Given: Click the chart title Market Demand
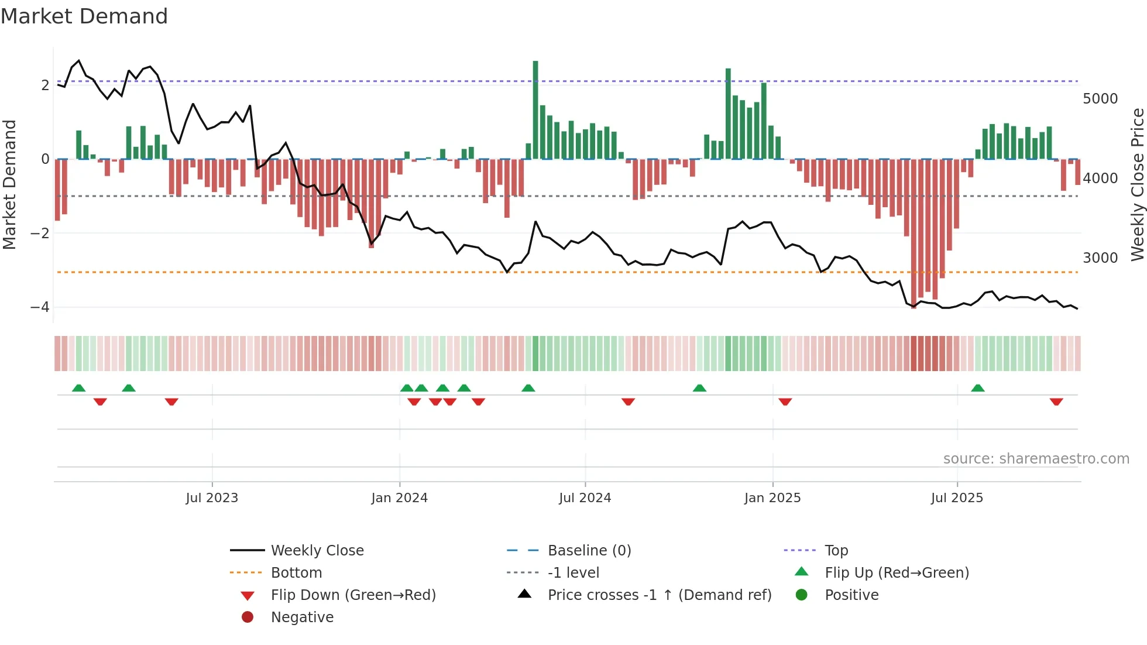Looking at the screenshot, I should [x=84, y=16].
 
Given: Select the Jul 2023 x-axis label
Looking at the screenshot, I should [x=212, y=498].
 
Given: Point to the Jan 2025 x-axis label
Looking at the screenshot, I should [x=772, y=498].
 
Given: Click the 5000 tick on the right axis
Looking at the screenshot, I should [x=1100, y=98].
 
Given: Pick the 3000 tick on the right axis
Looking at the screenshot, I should [x=1100, y=258].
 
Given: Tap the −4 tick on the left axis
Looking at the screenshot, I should [x=40, y=307].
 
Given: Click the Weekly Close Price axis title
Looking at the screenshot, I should [x=1137, y=184].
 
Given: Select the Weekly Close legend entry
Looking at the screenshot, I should [x=317, y=550].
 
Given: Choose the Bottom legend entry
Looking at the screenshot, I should [x=296, y=572].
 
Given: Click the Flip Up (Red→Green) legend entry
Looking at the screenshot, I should [x=897, y=572].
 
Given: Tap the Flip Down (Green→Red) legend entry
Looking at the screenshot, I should [x=353, y=595].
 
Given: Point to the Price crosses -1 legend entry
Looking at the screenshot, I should [x=660, y=595].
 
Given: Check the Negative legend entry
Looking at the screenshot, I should [x=302, y=617].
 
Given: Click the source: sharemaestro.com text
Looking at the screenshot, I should [x=1036, y=459].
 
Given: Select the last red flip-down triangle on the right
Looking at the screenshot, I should [x=1056, y=402].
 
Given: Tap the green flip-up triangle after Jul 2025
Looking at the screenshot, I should [x=978, y=387].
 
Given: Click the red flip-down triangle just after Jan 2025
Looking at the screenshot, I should [x=785, y=402].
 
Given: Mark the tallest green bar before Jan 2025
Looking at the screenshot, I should [x=729, y=114].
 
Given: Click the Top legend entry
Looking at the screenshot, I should [x=836, y=550].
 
